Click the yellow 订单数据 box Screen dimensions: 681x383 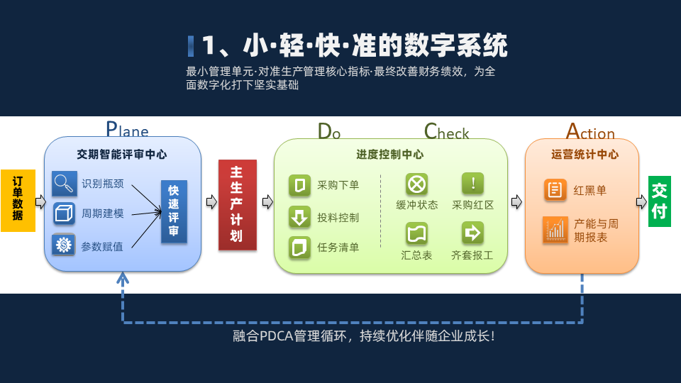click(18, 201)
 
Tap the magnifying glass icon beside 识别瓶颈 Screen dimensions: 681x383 click(65, 183)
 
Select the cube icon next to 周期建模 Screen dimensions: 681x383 click(64, 213)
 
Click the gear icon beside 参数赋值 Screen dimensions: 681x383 click(63, 245)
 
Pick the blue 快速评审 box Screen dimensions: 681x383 click(174, 211)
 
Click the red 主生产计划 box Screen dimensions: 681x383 click(237, 205)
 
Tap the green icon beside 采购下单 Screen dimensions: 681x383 click(299, 185)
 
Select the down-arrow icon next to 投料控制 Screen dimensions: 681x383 click(299, 217)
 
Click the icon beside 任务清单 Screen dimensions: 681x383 click(299, 248)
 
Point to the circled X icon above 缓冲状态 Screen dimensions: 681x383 click(416, 184)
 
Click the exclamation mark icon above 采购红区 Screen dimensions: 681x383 click(472, 183)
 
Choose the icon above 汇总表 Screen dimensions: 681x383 click(416, 233)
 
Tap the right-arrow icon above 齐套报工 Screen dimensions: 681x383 click(472, 233)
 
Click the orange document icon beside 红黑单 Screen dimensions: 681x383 click(555, 190)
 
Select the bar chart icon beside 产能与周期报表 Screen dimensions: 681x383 click(555, 230)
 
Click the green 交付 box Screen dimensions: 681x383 click(659, 201)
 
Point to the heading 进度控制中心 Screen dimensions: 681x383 click(390, 155)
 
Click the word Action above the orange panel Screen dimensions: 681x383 click(590, 131)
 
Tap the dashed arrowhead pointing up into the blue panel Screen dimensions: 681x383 click(123, 279)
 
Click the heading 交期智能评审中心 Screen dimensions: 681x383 click(121, 155)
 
